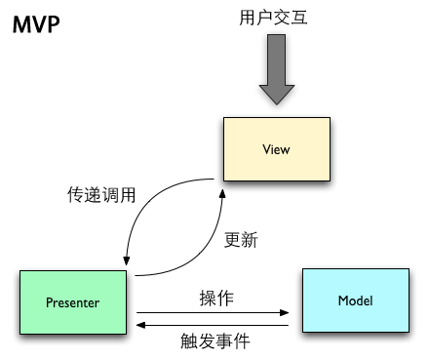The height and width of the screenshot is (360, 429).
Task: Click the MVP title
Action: coord(34,23)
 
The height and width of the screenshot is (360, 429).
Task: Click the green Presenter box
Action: coord(73,301)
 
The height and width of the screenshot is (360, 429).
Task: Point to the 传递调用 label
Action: coord(95,195)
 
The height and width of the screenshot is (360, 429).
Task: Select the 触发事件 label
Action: coord(215,341)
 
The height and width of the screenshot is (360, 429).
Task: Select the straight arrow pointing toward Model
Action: coord(214,312)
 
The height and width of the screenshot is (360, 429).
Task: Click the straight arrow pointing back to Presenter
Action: coord(214,324)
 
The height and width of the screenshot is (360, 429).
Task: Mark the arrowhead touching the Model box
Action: coord(287,312)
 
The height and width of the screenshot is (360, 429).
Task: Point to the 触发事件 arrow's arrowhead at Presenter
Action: coord(142,324)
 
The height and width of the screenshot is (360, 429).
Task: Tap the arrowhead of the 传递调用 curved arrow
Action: coord(127,260)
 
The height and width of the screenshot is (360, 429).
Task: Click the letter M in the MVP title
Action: coord(20,23)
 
